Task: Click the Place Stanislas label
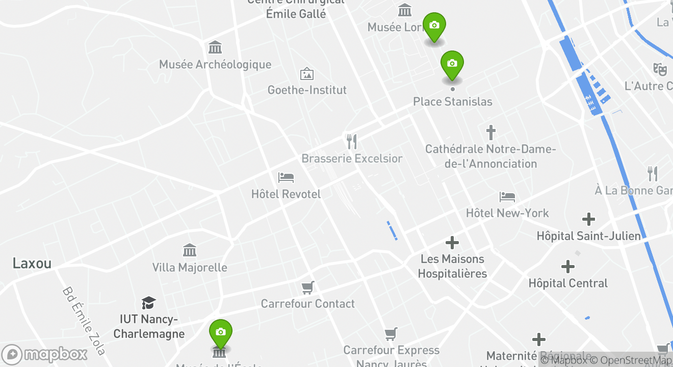click(x=452, y=101)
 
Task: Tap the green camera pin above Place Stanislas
click(x=452, y=64)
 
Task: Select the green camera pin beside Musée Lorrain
click(x=434, y=26)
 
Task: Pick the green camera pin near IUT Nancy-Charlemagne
click(x=220, y=333)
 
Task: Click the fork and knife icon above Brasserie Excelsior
click(x=351, y=141)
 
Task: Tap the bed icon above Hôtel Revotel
click(x=286, y=177)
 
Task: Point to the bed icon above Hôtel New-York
click(x=507, y=197)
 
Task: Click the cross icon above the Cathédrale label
click(x=490, y=133)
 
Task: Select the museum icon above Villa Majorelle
click(x=190, y=250)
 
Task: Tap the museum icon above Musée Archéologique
click(x=215, y=47)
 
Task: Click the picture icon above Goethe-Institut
click(x=307, y=74)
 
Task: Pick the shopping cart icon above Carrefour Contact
click(x=307, y=287)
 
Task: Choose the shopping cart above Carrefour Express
click(x=391, y=334)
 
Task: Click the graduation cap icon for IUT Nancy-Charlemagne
click(x=148, y=303)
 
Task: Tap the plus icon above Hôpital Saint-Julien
click(x=589, y=220)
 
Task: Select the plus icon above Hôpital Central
click(x=568, y=267)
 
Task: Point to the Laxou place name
click(x=32, y=264)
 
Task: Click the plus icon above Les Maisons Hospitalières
click(x=452, y=243)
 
